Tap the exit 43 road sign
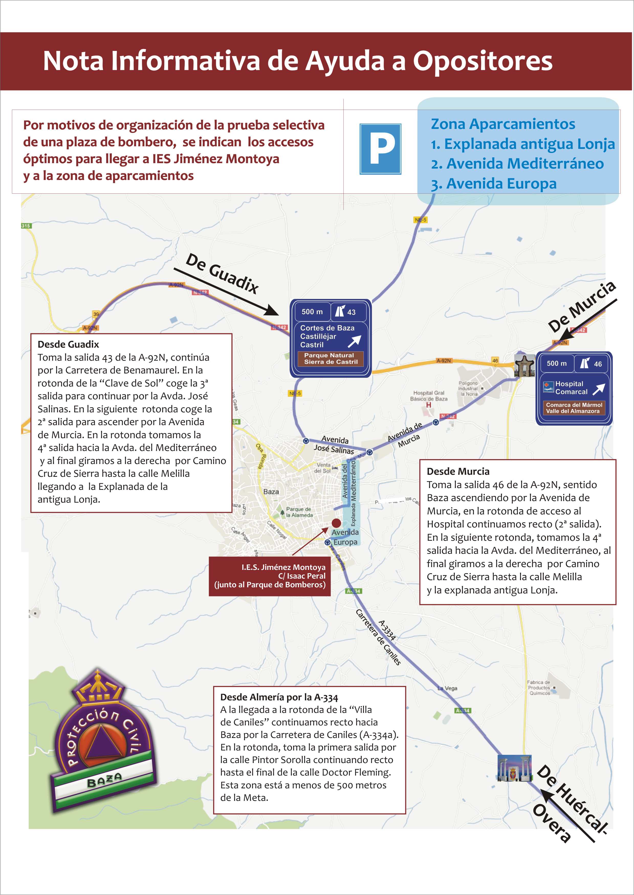(330, 338)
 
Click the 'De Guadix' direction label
(222, 273)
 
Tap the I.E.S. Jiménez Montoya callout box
(269, 576)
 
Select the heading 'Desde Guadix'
(68, 344)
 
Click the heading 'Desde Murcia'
(458, 471)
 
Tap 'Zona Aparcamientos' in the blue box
(503, 124)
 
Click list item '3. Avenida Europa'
(494, 183)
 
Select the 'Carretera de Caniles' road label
(378, 637)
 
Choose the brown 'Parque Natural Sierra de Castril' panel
(331, 358)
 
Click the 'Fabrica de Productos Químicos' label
(539, 687)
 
